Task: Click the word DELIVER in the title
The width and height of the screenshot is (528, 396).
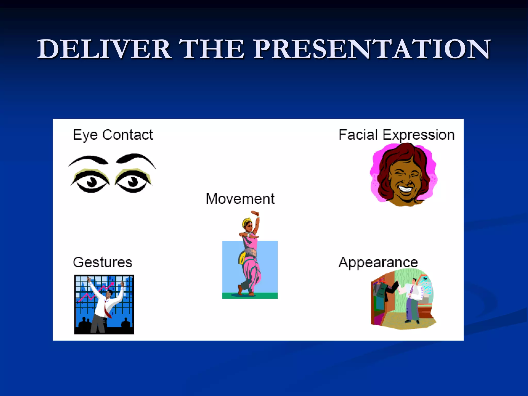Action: pyautogui.click(x=104, y=49)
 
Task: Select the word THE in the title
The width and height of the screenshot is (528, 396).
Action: pyautogui.click(x=211, y=49)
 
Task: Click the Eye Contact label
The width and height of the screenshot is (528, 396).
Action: pyautogui.click(x=113, y=135)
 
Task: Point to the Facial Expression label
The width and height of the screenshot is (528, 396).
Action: pyautogui.click(x=396, y=135)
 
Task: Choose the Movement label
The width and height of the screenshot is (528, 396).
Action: pyautogui.click(x=240, y=199)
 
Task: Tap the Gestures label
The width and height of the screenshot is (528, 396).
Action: pyautogui.click(x=103, y=262)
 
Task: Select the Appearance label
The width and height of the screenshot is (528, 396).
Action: pyautogui.click(x=378, y=262)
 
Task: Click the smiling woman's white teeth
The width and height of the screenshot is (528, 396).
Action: pyautogui.click(x=405, y=189)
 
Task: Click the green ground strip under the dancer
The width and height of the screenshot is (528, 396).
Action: pyautogui.click(x=250, y=296)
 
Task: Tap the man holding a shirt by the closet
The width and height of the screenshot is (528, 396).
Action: pyautogui.click(x=411, y=299)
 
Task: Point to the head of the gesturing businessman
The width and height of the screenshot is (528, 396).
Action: pyautogui.click(x=109, y=293)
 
